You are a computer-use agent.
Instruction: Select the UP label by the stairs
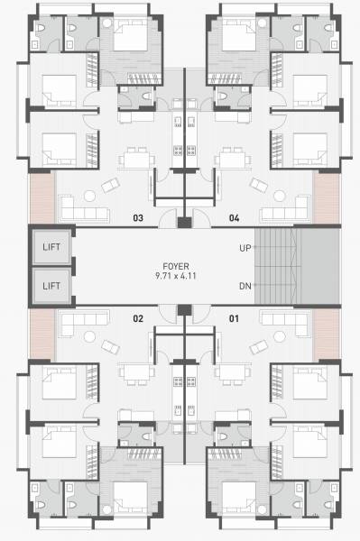[245, 246]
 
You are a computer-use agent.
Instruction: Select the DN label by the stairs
[245, 286]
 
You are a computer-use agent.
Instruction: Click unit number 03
[138, 217]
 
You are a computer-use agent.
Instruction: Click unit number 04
[234, 217]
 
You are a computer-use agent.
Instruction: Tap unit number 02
[138, 317]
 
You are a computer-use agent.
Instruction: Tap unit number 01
[234, 317]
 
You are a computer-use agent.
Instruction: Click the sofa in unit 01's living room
[285, 321]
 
